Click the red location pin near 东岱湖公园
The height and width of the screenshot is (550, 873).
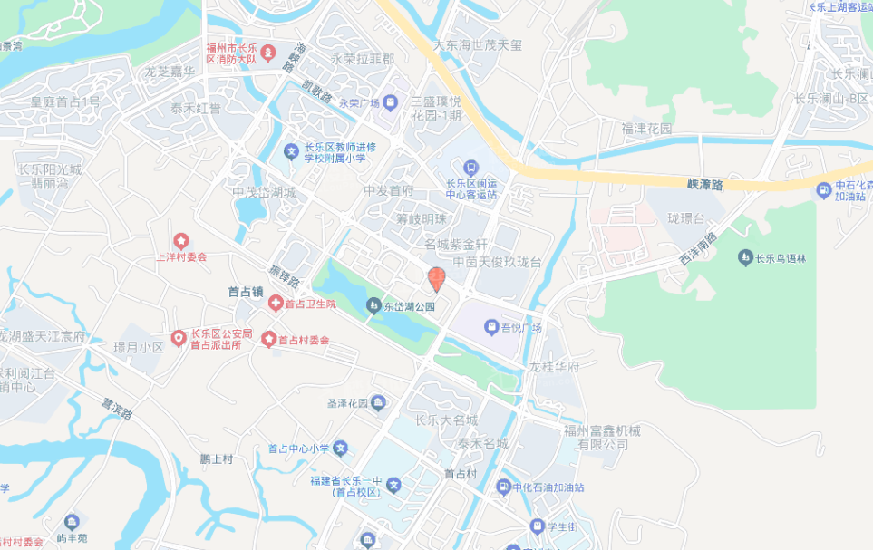click(436, 279)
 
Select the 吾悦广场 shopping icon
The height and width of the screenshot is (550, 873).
click(490, 326)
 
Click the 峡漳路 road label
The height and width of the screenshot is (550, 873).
click(704, 184)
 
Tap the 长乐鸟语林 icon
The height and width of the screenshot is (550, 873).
click(744, 257)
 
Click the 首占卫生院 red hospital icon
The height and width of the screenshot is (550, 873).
click(275, 304)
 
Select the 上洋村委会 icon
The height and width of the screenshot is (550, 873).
click(181, 241)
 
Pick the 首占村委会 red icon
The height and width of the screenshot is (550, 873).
click(268, 339)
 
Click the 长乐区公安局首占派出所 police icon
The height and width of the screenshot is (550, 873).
click(179, 339)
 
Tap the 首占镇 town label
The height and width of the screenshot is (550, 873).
click(245, 292)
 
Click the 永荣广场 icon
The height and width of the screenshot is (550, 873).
click(391, 102)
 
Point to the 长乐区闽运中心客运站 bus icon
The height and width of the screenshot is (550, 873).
click(470, 168)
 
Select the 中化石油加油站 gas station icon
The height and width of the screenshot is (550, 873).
click(502, 487)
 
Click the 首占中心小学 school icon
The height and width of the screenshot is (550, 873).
click(341, 448)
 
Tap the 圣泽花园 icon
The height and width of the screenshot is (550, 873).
click(378, 402)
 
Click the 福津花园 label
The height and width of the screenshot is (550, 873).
click(646, 129)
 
